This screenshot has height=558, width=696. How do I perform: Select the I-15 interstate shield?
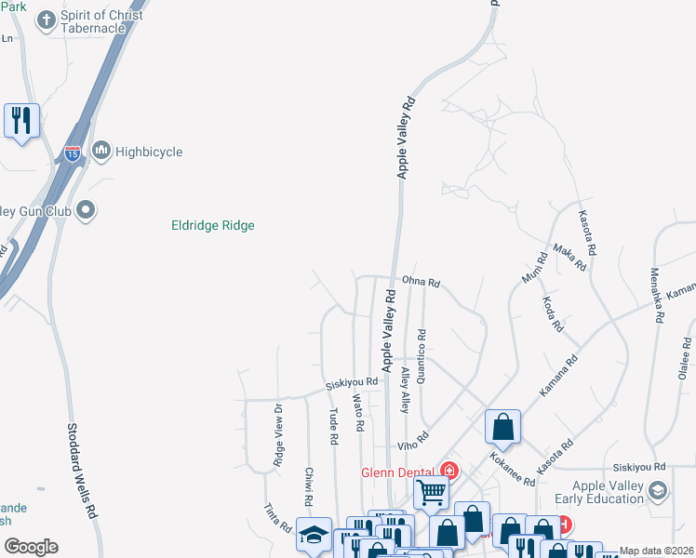click(x=73, y=153)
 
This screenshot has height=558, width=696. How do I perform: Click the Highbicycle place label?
click(x=149, y=152)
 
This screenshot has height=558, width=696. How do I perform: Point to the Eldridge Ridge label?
click(x=213, y=225)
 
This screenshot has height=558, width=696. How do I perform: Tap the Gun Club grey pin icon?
click(x=86, y=211)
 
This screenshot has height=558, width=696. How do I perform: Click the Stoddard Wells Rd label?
click(x=82, y=471)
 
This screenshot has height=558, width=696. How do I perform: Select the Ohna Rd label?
click(x=421, y=282)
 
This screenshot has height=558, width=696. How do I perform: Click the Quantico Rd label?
click(x=422, y=358)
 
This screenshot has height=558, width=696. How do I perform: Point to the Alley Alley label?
click(x=405, y=390)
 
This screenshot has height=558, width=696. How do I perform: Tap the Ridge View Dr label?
click(x=277, y=434)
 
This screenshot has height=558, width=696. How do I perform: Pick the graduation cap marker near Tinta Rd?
click(x=314, y=534)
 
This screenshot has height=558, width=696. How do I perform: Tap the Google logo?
click(x=30, y=546)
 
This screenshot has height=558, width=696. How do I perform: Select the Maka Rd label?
click(x=569, y=258)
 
